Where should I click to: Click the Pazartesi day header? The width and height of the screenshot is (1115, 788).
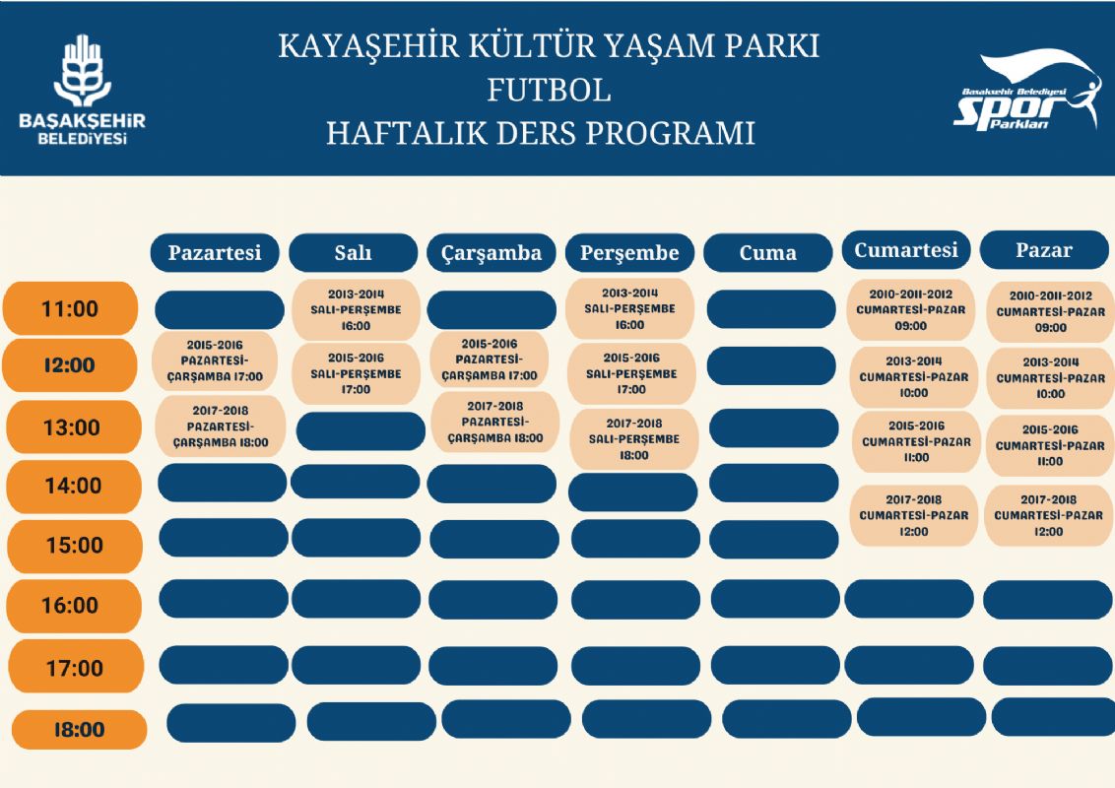215,253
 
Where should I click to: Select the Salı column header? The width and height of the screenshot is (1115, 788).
353,253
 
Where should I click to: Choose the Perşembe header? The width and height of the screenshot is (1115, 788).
629,253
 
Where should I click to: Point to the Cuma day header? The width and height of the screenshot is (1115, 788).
767,253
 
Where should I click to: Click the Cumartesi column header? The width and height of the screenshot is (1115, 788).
906,250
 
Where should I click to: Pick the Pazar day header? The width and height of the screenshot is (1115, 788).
1044,250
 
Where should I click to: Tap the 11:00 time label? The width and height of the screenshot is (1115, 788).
70,309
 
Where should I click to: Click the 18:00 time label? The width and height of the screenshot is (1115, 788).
79,730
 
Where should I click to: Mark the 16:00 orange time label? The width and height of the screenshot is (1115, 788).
71,606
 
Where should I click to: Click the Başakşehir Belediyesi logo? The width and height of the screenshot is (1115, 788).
82,91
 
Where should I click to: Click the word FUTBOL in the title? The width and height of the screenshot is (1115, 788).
549,90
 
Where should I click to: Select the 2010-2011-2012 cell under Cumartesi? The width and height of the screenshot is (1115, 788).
911,310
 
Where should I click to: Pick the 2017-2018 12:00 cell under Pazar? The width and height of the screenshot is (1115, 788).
1048,515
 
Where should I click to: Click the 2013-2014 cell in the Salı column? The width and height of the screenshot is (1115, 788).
356,310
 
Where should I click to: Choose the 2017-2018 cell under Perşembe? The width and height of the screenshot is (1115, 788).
633,439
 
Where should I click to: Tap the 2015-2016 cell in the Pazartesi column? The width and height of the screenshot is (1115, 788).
216,361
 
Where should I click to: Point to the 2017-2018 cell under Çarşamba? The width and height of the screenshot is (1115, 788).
494,422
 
